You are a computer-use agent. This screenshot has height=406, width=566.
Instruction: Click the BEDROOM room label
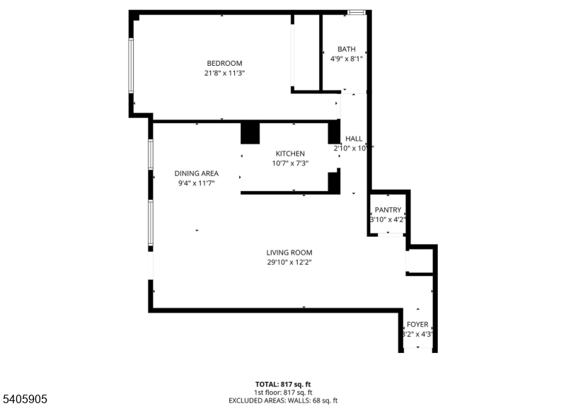pyautogui.click(x=224, y=63)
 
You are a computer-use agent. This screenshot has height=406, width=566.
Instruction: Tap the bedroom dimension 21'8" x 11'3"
pyautogui.click(x=224, y=73)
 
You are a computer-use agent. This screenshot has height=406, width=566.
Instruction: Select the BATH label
pyautogui.click(x=346, y=49)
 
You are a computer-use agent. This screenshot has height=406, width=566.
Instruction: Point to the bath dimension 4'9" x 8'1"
pyautogui.click(x=346, y=59)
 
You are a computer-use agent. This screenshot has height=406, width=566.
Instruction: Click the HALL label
pyautogui.click(x=354, y=139)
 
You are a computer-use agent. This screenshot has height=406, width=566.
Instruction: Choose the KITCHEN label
pyautogui.click(x=290, y=153)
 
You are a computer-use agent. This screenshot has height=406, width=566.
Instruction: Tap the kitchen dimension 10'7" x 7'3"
pyautogui.click(x=290, y=163)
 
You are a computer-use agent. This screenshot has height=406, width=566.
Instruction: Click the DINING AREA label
pyautogui.click(x=197, y=173)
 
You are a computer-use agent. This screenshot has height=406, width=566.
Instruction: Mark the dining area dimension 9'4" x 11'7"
pyautogui.click(x=197, y=183)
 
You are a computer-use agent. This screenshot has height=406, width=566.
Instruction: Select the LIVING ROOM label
pyautogui.click(x=289, y=253)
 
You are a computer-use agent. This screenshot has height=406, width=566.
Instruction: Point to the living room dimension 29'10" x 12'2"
pyautogui.click(x=289, y=262)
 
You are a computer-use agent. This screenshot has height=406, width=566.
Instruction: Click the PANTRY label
pyautogui.click(x=388, y=210)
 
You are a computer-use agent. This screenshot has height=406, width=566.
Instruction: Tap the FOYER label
pyautogui.click(x=417, y=325)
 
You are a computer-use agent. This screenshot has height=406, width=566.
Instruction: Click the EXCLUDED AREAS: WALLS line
pyautogui.click(x=282, y=400)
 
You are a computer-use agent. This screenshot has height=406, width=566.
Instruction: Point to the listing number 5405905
pyautogui.click(x=24, y=400)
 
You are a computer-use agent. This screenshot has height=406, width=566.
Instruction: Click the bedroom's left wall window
pyautogui.click(x=131, y=64)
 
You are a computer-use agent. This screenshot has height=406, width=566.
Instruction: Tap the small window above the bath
pyautogui.click(x=357, y=12)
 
